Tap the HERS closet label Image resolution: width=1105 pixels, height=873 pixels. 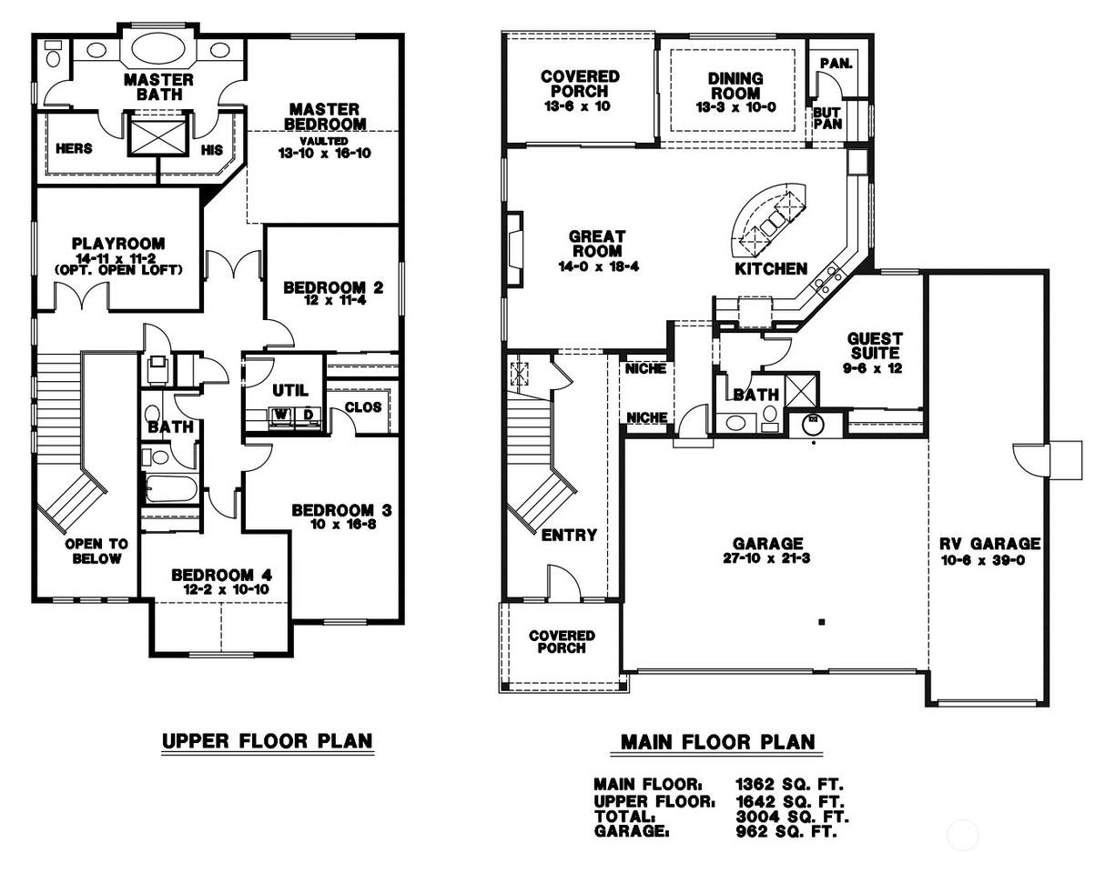(74, 149)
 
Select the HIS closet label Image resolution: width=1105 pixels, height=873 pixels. (212, 150)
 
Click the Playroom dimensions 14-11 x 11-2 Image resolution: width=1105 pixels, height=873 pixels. (116, 258)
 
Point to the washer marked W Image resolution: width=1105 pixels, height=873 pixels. (281, 415)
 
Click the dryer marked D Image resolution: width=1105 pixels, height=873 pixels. (308, 415)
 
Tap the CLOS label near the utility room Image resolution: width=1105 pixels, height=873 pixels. (363, 407)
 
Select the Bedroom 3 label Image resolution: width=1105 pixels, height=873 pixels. (341, 510)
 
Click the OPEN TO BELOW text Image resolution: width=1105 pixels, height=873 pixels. (96, 551)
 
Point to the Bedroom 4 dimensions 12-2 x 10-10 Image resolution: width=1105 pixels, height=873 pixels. (226, 589)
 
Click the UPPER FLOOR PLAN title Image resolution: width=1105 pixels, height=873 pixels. (267, 741)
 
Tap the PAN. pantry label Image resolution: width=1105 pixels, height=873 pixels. (836, 64)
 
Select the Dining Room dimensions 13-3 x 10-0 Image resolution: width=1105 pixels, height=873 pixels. (735, 107)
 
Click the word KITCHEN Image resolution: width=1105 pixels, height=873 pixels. (771, 269)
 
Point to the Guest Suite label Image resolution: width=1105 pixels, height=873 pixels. (875, 346)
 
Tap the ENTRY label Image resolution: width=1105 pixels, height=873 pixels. (569, 536)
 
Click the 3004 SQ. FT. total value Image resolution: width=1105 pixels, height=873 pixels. (792, 816)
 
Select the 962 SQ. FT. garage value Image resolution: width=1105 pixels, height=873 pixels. (786, 831)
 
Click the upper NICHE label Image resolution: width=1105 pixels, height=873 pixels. (645, 369)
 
